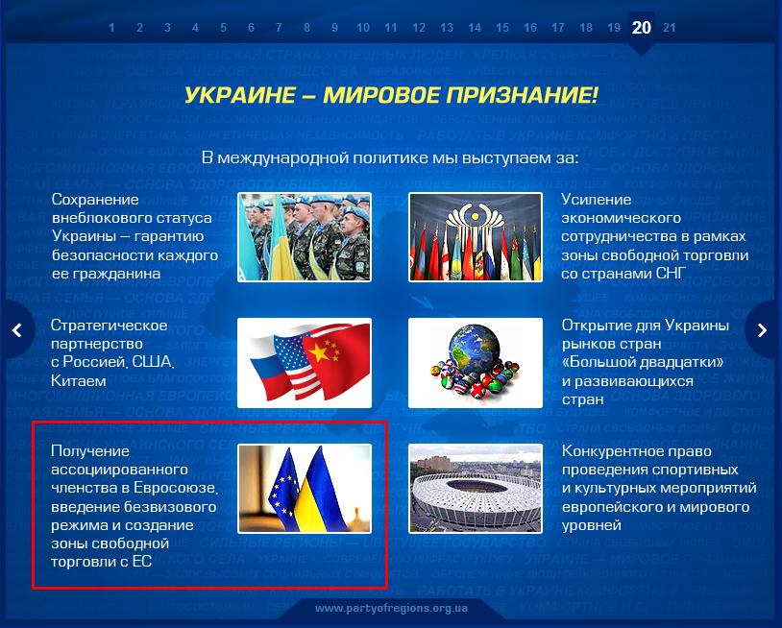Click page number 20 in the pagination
pyautogui.click(x=641, y=28)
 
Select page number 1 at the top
pyautogui.click(x=111, y=28)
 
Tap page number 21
pyautogui.click(x=670, y=28)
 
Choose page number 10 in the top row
pyautogui.click(x=363, y=28)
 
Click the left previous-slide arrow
pyautogui.click(x=17, y=330)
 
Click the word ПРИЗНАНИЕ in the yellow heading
pyautogui.click(x=522, y=95)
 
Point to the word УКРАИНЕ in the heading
pyautogui.click(x=240, y=95)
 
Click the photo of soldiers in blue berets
pyautogui.click(x=305, y=237)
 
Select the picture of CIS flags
pyautogui.click(x=476, y=237)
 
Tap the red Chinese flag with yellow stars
pyautogui.click(x=336, y=360)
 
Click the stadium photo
pyautogui.click(x=476, y=489)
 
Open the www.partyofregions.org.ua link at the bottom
pyautogui.click(x=392, y=608)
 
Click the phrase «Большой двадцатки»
pyautogui.click(x=643, y=362)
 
